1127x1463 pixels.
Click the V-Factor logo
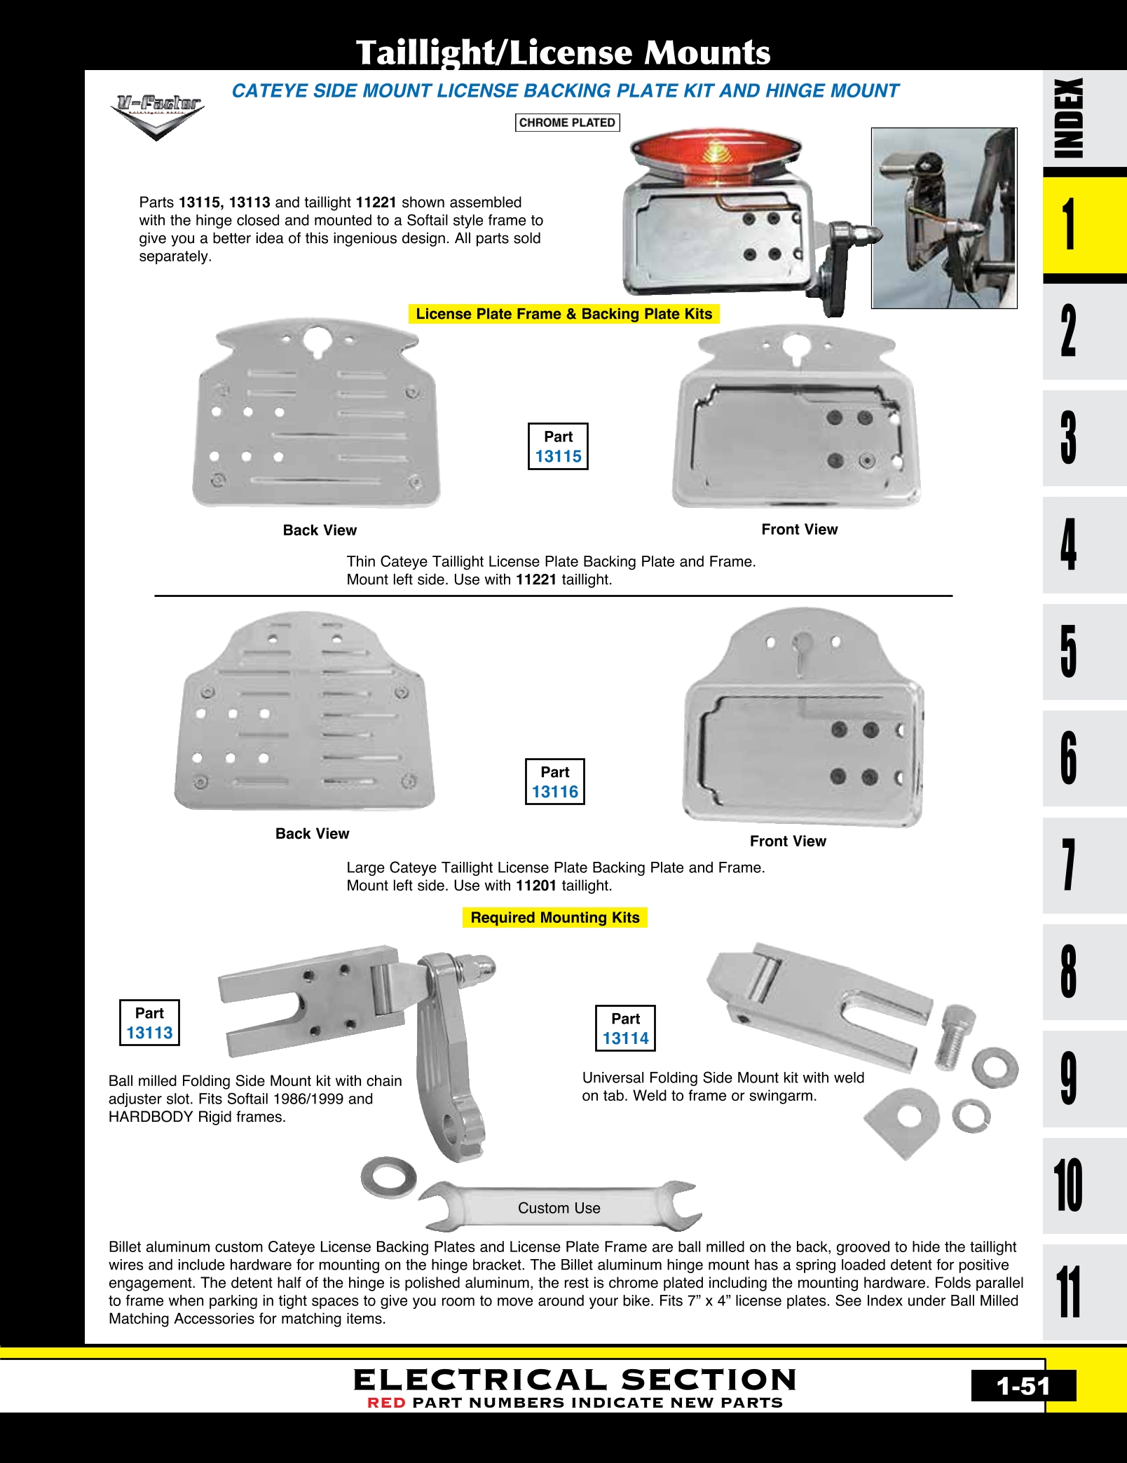(x=158, y=115)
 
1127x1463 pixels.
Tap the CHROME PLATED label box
(x=567, y=123)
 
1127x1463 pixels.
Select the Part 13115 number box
(x=558, y=446)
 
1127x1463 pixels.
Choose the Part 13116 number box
(x=555, y=782)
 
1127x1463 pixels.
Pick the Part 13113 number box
(x=149, y=1023)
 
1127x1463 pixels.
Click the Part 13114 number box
(x=625, y=1029)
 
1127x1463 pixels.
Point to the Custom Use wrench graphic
(x=559, y=1207)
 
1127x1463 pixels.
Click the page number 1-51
(x=1023, y=1387)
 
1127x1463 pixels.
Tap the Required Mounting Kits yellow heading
(x=555, y=918)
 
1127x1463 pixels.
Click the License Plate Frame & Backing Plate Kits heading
(x=563, y=314)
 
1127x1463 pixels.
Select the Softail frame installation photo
(x=944, y=218)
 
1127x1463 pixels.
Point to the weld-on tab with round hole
(x=903, y=1119)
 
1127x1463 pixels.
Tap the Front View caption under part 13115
(x=799, y=530)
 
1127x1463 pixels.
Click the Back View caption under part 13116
(x=312, y=834)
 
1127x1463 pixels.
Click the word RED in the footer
(x=386, y=1403)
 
